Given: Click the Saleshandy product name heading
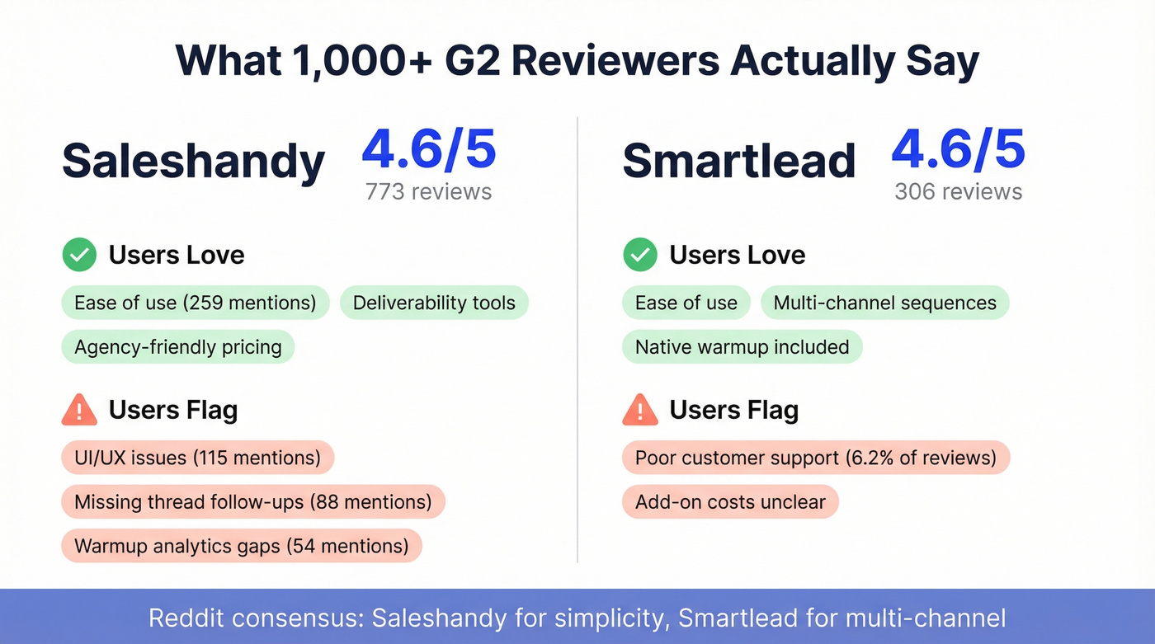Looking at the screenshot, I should coord(193,160).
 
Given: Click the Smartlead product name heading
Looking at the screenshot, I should coord(738,160).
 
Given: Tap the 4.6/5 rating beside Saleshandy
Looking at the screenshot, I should coord(429,149).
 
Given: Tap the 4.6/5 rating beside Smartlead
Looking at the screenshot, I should coord(958,149).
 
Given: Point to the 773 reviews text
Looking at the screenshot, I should coord(428,192).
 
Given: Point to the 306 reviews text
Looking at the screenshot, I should coord(958,192).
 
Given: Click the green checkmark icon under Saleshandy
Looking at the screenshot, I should coord(79,255).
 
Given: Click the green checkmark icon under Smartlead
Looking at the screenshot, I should coord(639,255).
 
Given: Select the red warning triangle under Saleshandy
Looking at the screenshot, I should coord(79,410).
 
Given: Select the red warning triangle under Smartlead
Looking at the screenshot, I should coord(639,410).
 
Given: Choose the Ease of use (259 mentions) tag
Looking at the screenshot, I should coord(196,303).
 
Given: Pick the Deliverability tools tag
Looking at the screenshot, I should coord(434,303).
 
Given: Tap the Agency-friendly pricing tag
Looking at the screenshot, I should coord(178,347).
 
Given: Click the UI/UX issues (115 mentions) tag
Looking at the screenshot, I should coord(197,458).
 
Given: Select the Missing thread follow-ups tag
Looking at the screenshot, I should coord(252,501).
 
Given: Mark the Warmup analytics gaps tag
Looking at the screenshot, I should coord(241,546).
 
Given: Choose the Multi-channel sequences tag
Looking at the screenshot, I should coord(884,303).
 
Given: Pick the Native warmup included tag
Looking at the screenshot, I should coord(742,347).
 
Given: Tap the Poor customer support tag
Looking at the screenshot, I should coord(815,458).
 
